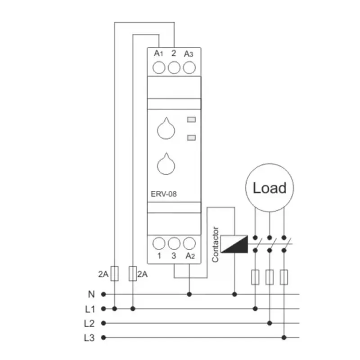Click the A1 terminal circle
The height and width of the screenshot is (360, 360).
coord(159,68)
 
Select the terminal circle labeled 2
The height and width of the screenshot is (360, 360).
coord(174,68)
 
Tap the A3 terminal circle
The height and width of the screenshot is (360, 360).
coord(189,68)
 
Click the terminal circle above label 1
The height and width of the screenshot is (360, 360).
coord(159,243)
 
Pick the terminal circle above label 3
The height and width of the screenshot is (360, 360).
coord(174,243)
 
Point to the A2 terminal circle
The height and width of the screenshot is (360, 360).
coord(189,243)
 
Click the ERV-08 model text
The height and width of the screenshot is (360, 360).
coord(164,194)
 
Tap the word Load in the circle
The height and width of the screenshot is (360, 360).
coord(270,188)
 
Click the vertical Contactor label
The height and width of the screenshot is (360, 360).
coord(215,244)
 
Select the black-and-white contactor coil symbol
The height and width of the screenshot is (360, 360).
coord(234,244)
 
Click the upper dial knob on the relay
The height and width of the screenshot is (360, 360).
coord(166,129)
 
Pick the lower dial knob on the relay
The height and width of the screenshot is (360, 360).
coord(166,164)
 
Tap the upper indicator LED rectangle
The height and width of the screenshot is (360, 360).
coord(192,120)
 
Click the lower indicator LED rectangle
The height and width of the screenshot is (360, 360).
coord(192,138)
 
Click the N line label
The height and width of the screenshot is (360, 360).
coord(91,294)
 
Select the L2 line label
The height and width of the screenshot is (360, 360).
coord(89,324)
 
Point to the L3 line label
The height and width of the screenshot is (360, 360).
coord(89,338)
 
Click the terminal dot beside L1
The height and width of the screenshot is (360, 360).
coord(103,309)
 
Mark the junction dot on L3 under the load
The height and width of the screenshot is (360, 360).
coord(284,337)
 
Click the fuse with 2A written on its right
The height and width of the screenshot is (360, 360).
coord(133,274)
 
